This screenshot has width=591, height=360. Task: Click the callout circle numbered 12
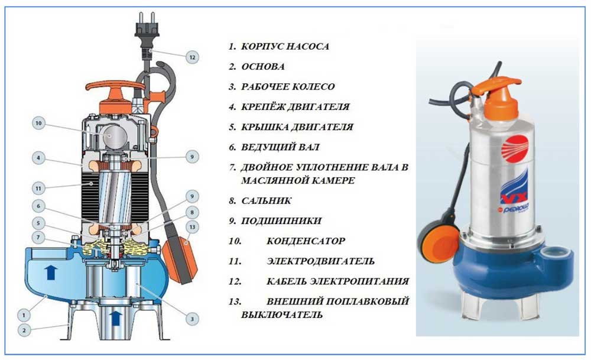tap(192, 57)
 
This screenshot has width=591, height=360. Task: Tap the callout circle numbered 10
tap(38, 124)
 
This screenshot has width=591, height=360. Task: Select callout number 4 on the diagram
tap(38, 158)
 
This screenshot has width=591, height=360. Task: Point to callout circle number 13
tap(192, 227)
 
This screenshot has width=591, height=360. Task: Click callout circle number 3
tap(192, 319)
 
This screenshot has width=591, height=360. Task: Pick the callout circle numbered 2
tap(24, 330)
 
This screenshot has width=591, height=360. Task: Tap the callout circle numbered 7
tap(38, 238)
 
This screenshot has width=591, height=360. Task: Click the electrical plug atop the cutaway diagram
tap(147, 34)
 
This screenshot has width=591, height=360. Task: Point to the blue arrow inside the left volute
tap(51, 272)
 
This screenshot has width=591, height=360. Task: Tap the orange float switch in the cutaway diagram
tap(180, 259)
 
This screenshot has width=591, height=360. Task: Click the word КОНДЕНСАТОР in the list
tap(306, 241)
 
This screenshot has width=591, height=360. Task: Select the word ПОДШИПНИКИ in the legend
tap(281, 221)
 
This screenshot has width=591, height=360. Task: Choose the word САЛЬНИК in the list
tap(266, 201)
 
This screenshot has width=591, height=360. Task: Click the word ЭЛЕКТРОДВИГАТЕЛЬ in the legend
tap(320, 261)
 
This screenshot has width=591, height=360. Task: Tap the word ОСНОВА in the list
tap(263, 67)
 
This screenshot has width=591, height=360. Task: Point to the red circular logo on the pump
tap(515, 148)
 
